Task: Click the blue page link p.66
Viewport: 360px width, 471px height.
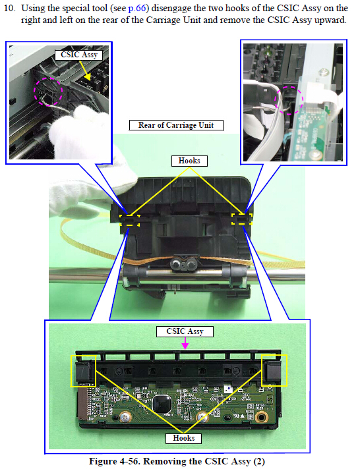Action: [137, 8]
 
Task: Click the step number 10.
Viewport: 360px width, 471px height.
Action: [9, 8]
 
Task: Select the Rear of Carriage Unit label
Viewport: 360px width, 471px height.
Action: [176, 125]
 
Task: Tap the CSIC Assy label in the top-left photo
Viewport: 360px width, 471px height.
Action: [79, 55]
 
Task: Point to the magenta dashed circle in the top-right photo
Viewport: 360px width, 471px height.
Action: [289, 100]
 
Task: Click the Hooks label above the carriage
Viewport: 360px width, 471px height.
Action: [189, 161]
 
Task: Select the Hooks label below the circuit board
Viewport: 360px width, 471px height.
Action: [184, 438]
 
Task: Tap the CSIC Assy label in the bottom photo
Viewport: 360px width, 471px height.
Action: [185, 331]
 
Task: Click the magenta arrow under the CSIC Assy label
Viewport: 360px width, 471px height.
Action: [185, 343]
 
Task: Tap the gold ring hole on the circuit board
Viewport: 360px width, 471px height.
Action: [261, 416]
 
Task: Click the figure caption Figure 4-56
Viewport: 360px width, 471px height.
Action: [177, 461]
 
